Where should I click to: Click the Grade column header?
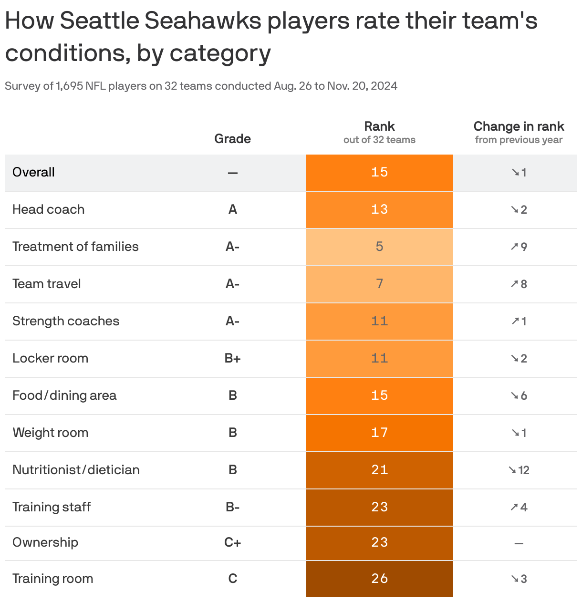click(x=232, y=139)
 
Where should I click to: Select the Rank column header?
click(x=379, y=127)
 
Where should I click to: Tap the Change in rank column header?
click(x=519, y=127)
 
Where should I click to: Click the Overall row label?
click(x=33, y=172)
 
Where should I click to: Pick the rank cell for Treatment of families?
click(x=379, y=247)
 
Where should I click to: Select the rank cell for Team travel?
click(x=379, y=284)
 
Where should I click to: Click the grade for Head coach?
click(x=232, y=209)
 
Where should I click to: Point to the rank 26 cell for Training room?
click(x=379, y=579)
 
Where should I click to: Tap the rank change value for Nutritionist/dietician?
click(x=519, y=470)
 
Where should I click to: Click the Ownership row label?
click(x=45, y=542)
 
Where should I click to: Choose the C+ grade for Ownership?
click(x=232, y=542)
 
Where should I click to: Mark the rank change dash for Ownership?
click(x=519, y=543)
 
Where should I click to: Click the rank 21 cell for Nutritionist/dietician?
click(x=379, y=470)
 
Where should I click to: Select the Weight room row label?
click(x=50, y=433)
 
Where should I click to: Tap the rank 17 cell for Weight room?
click(x=379, y=433)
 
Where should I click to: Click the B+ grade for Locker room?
click(x=232, y=358)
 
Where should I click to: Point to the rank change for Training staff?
click(x=519, y=507)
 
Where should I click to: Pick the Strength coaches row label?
click(x=66, y=321)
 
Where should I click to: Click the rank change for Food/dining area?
click(x=519, y=395)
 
